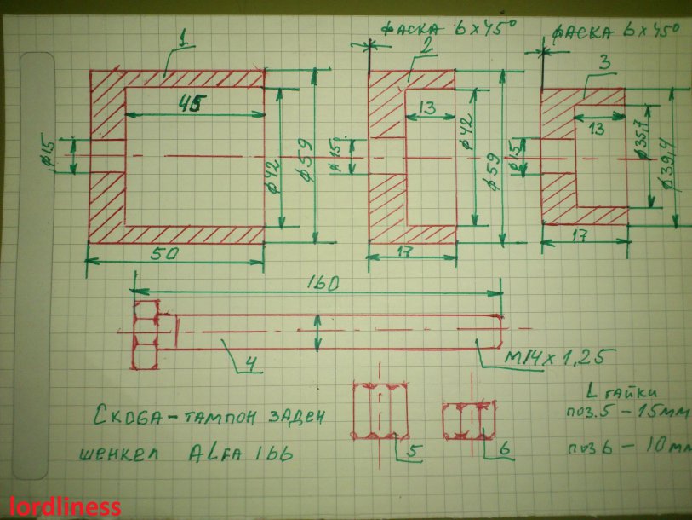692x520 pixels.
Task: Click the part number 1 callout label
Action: (182, 38)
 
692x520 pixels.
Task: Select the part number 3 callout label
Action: (603, 62)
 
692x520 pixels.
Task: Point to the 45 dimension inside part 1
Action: (193, 104)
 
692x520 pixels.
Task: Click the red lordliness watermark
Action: (61, 507)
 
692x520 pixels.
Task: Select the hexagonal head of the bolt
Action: (146, 335)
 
